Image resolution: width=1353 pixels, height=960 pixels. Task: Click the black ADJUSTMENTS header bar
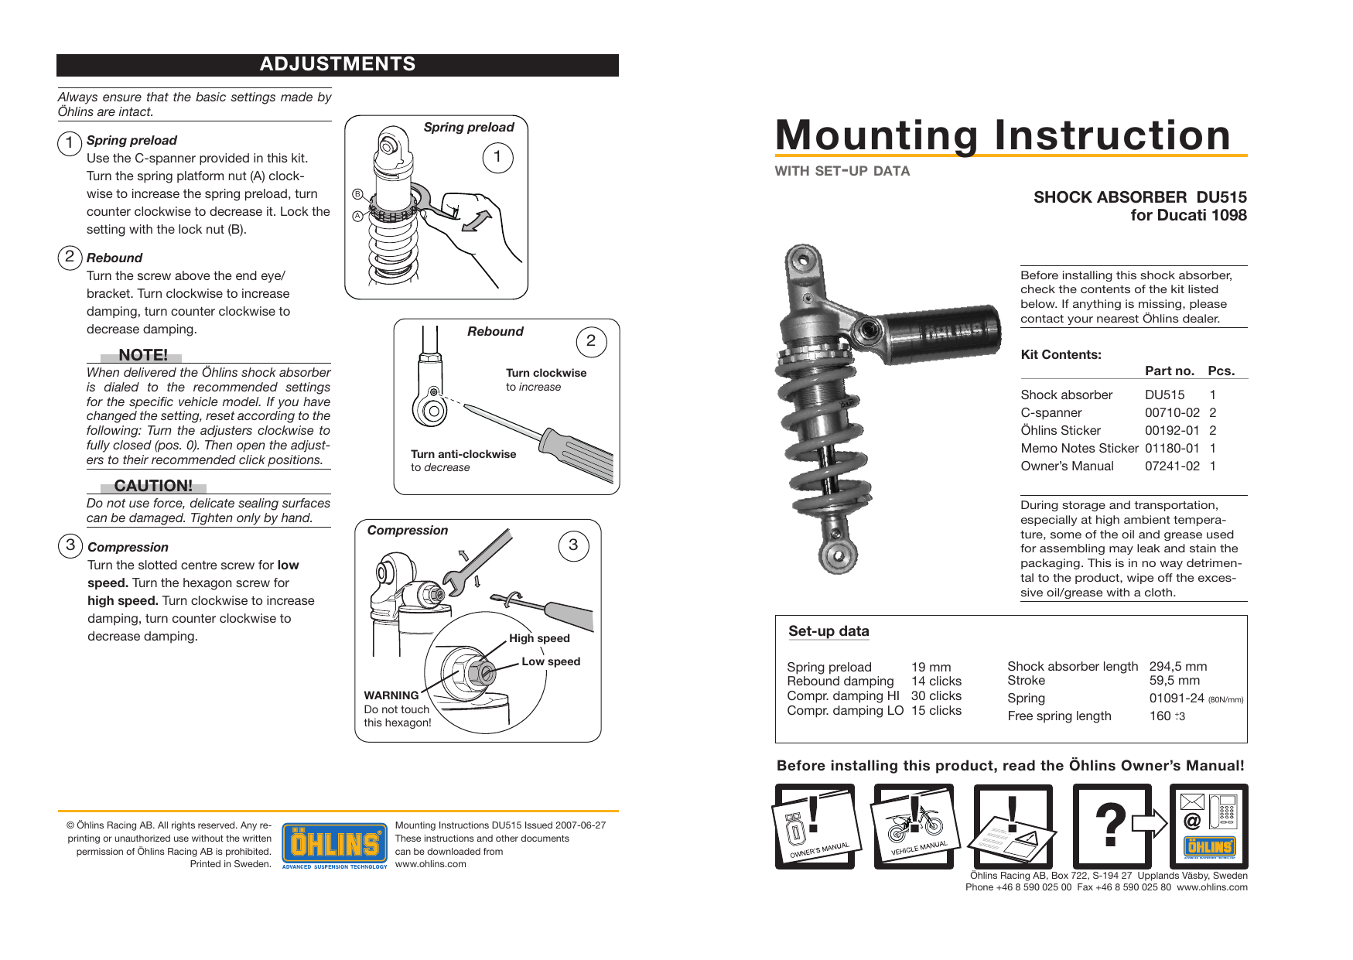[337, 65]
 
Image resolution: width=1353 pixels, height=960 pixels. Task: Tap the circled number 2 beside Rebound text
[70, 257]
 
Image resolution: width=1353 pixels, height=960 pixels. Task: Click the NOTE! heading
[142, 355]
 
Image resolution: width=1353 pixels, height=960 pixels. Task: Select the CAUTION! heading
[153, 486]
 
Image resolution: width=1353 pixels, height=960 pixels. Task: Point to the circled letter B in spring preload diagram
[357, 193]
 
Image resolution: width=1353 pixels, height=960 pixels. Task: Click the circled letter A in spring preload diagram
[357, 216]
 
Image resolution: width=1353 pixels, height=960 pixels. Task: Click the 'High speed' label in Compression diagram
[539, 638]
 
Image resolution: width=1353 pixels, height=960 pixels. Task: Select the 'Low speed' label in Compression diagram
[551, 661]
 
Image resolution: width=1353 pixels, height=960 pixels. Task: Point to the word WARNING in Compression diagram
[391, 695]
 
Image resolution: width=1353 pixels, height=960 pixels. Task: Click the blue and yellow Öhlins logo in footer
[334, 845]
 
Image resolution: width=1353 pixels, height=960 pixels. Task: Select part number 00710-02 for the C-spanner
[1172, 412]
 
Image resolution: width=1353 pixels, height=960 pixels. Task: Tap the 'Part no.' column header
[1169, 371]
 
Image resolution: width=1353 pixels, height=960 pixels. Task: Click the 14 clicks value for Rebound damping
[936, 681]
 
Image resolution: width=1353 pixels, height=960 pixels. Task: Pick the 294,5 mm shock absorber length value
[1177, 666]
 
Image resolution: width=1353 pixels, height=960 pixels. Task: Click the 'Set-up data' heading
[829, 631]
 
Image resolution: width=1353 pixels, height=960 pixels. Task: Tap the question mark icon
[1111, 825]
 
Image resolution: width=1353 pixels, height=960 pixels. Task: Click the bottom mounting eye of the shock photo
[836, 553]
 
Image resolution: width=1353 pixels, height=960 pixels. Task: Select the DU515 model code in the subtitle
[1221, 197]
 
